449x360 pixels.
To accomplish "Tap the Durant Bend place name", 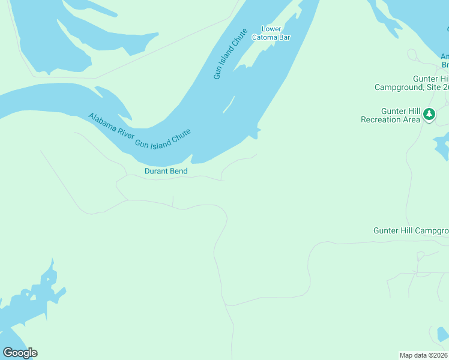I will coord(166,172).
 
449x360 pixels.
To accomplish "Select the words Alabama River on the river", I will coord(110,125).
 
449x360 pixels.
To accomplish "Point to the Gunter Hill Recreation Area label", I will coord(390,115).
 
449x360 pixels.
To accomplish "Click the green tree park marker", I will coord(429,113).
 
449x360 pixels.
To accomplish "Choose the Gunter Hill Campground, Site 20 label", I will coord(412,83).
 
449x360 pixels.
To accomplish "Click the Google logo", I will coord(20,353).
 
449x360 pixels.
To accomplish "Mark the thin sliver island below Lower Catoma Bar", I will coord(229,104).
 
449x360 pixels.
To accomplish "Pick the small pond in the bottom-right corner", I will coord(442,334).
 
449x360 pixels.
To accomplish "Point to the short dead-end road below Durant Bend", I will coord(173,201).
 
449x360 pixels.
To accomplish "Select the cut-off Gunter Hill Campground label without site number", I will coord(411,230).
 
